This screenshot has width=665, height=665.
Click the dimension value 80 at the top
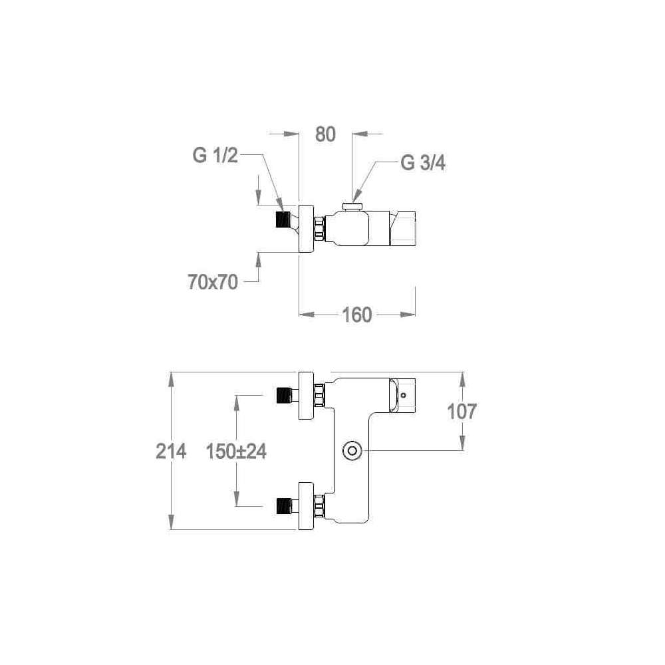[x=325, y=134]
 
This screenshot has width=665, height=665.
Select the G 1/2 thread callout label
[x=215, y=156]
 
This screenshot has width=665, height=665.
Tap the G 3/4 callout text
[x=422, y=163]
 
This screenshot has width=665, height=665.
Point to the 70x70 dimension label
[x=213, y=282]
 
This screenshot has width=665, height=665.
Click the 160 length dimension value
[x=357, y=315]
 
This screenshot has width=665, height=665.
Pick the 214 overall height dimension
[x=171, y=451]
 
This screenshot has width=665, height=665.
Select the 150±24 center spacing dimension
[x=236, y=451]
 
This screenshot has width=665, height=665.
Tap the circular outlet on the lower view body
[x=352, y=451]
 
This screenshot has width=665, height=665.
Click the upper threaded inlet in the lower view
[x=285, y=395]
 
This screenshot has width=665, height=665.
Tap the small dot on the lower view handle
[x=404, y=394]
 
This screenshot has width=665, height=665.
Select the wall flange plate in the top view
[x=307, y=228]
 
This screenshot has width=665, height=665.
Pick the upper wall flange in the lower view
[x=307, y=396]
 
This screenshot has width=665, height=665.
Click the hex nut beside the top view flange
[x=320, y=228]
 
